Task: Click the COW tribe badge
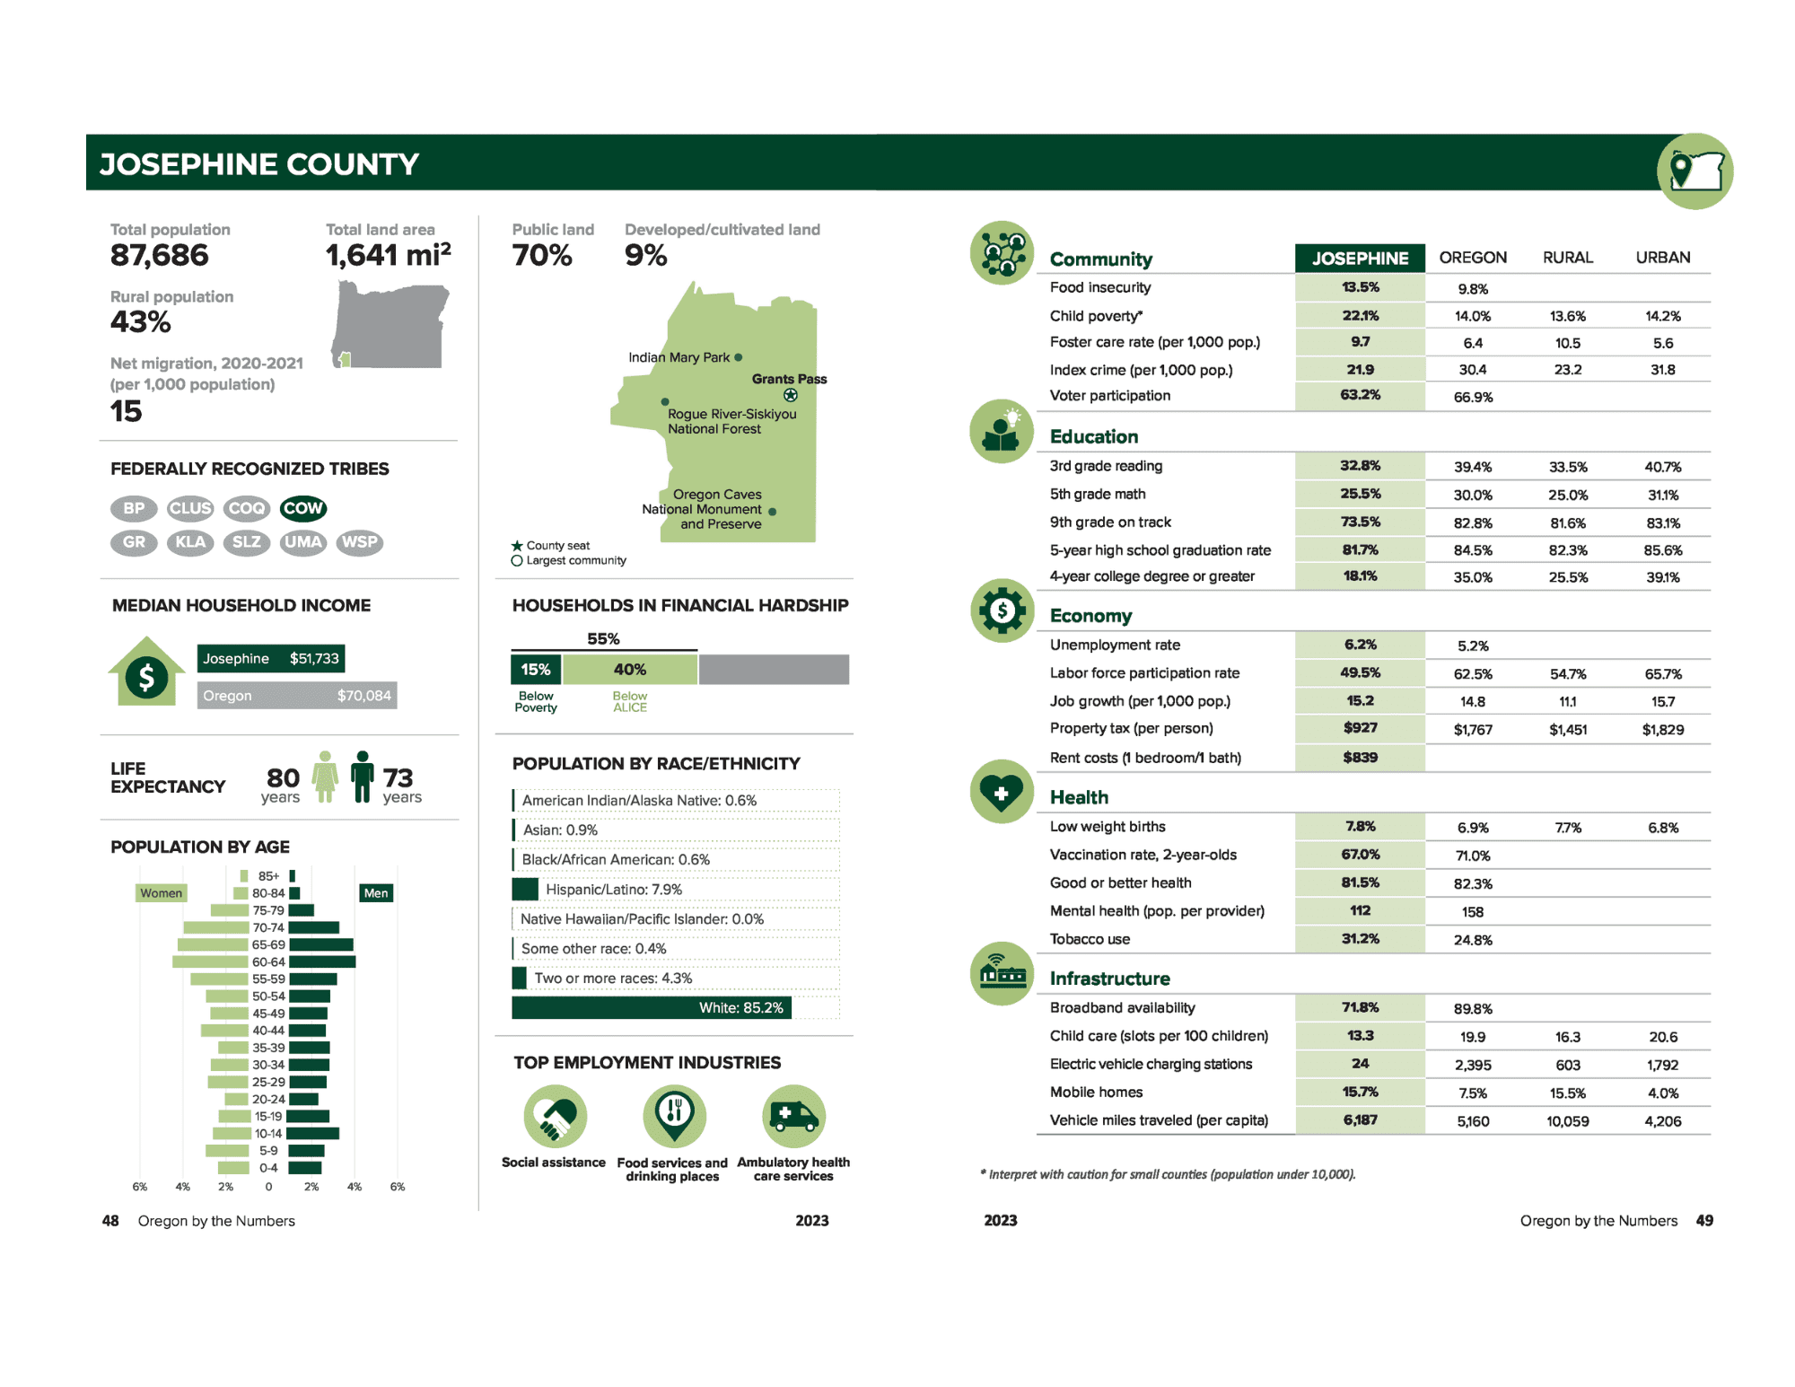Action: coord(302,508)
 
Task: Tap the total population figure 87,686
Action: coord(160,256)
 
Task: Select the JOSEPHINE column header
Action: coord(1359,259)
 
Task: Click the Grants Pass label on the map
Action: coord(789,379)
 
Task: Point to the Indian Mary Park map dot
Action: coord(739,357)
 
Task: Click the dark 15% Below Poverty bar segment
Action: coord(536,670)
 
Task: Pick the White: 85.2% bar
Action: coord(651,1008)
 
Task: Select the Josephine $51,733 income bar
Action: coord(270,659)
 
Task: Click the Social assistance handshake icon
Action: coord(556,1116)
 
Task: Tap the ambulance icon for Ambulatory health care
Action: coord(793,1116)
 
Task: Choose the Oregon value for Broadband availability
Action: coord(1472,1009)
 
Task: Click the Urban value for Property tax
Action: coord(1662,730)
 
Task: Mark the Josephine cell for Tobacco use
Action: coord(1359,939)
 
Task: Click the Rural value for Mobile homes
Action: coord(1567,1093)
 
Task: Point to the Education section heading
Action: coord(1094,437)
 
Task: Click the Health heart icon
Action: coord(1002,793)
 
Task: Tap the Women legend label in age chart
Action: coord(161,893)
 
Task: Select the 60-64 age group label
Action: coord(268,962)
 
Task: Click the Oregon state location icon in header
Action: coord(1694,171)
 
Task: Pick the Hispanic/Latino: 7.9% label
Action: coord(614,890)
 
